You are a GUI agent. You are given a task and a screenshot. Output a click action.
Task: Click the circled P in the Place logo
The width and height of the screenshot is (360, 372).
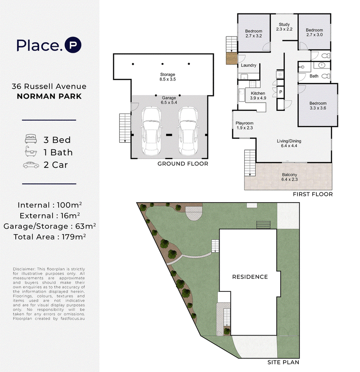coord(73,45)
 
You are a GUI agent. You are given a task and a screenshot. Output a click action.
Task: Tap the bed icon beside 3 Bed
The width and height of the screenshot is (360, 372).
coord(31,139)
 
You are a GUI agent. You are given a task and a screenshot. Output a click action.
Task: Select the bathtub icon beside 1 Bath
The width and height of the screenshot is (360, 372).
coord(31,151)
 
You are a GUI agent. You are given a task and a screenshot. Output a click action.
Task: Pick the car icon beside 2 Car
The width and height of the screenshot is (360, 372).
coord(31,165)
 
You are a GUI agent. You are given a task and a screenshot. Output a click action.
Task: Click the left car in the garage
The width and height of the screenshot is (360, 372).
coord(152,131)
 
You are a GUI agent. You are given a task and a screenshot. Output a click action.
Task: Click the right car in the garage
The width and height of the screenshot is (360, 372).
coord(188,131)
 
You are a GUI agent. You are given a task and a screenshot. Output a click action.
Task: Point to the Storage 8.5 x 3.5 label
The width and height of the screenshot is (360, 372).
coord(167,77)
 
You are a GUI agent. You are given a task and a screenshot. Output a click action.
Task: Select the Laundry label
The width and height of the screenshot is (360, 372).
coord(248,65)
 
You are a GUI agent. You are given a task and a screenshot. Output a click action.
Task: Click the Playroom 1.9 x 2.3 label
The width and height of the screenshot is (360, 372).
coord(245,126)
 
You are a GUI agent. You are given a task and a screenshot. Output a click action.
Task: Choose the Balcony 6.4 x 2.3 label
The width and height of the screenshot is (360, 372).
coord(289,177)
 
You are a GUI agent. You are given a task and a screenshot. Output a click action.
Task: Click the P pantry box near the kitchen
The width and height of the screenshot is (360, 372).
coord(281,92)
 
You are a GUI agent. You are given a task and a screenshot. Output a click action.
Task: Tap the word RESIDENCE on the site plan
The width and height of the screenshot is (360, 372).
coord(250,277)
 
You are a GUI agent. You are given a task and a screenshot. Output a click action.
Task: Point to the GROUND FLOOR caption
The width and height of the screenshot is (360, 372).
coord(183,163)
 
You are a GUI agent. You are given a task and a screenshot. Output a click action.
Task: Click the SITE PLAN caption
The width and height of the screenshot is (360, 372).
coord(283,362)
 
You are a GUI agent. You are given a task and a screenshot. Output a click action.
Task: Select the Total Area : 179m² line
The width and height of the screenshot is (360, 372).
coord(49,237)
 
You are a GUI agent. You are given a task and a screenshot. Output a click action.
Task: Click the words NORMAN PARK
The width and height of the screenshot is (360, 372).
coord(49,96)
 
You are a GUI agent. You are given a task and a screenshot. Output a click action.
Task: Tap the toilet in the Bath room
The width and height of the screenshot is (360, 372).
coord(326,76)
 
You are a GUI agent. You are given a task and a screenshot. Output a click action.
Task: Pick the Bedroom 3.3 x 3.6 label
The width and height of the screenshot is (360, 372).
coord(318,105)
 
